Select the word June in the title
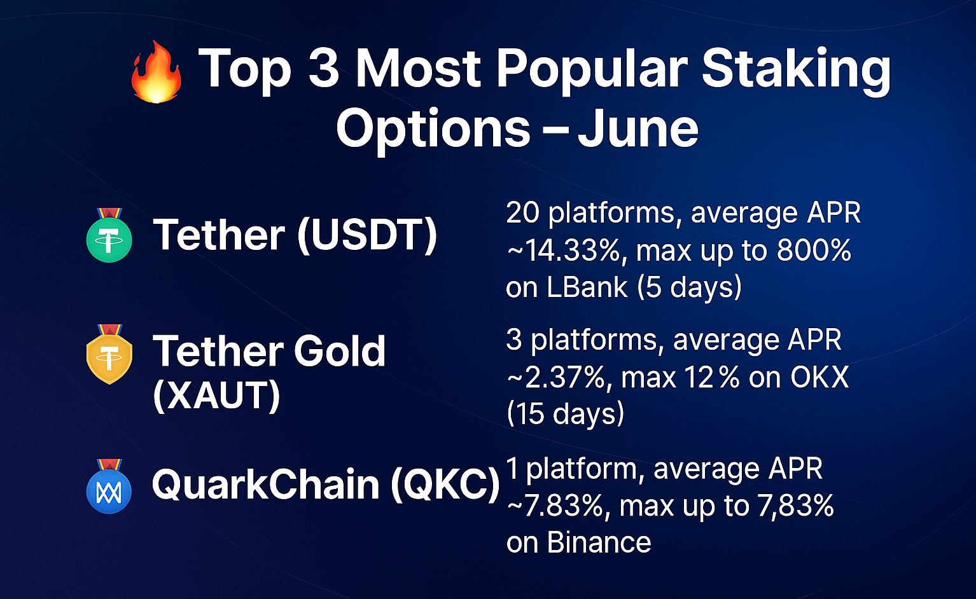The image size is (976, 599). [638, 128]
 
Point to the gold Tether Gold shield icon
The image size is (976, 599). [109, 354]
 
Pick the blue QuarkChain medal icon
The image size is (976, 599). [109, 486]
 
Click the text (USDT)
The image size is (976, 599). [367, 236]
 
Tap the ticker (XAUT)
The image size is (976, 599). [216, 396]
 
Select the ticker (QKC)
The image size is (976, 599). [445, 485]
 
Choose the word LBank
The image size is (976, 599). [587, 287]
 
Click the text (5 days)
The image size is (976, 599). [689, 288]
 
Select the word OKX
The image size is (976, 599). [820, 377]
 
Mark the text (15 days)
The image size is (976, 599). [566, 413]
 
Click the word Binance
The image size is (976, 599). [599, 542]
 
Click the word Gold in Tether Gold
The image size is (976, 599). [339, 350]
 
